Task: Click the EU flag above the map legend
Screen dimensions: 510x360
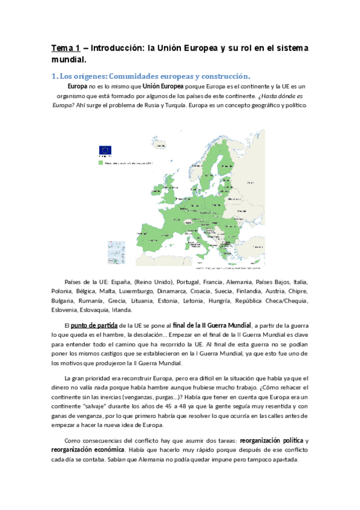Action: (x=106, y=151)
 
